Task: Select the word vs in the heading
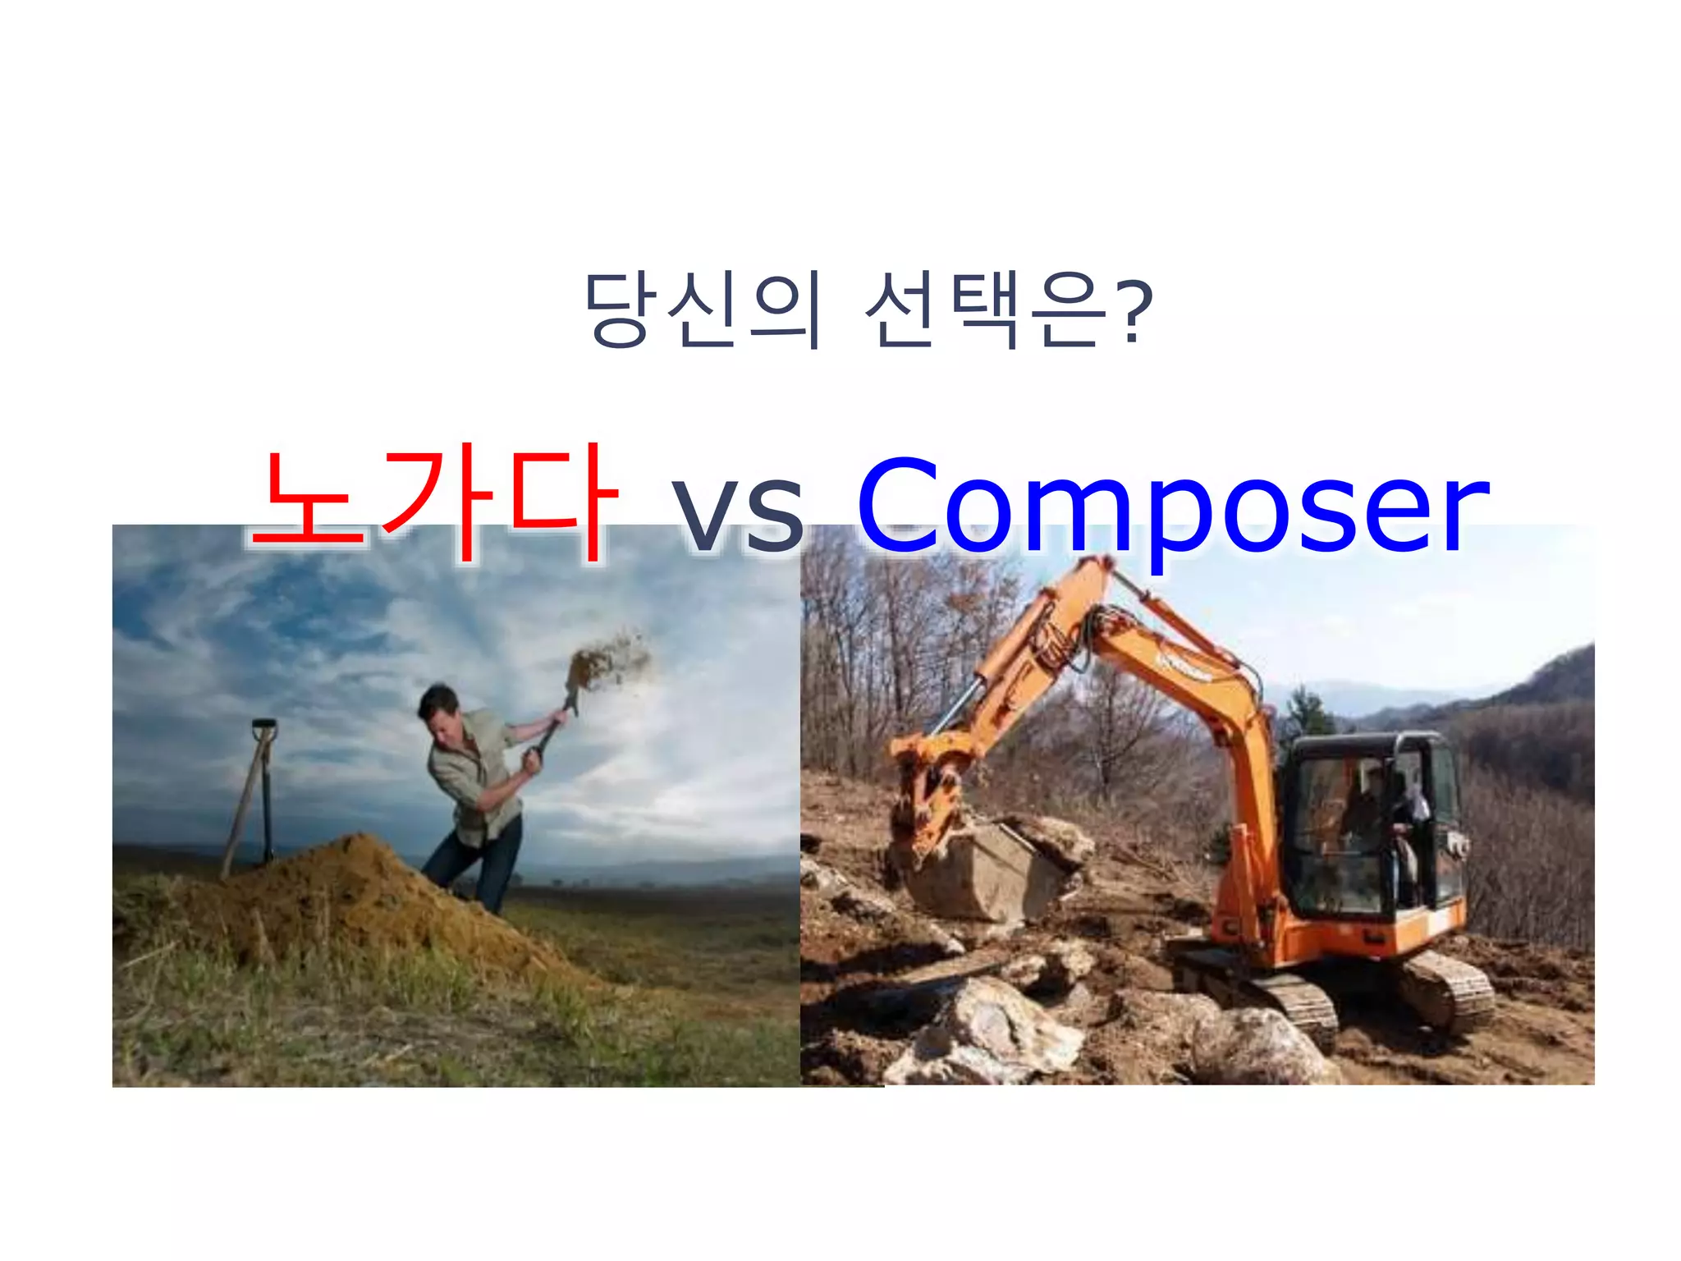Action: coord(737,513)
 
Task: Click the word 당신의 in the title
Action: coord(702,310)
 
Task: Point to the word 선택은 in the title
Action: coord(985,310)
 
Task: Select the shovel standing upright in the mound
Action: coord(264,788)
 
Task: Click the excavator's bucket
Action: coord(985,870)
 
